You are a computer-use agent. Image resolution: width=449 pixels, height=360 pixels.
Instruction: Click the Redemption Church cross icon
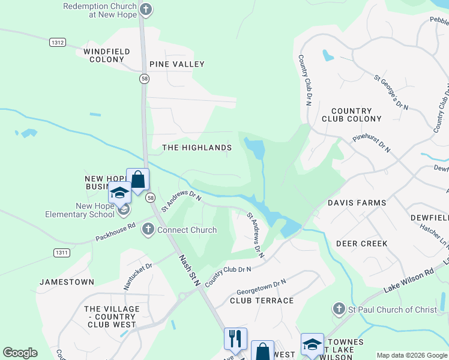click(x=146, y=10)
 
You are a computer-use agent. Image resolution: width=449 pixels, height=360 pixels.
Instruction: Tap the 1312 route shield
click(x=58, y=41)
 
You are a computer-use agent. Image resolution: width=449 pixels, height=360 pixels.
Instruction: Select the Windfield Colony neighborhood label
click(x=107, y=56)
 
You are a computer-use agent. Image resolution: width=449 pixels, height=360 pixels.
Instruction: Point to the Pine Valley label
click(x=177, y=64)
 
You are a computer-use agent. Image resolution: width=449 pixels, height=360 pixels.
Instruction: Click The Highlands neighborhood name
click(x=197, y=148)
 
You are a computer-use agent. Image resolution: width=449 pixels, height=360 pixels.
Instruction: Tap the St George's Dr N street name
click(x=391, y=92)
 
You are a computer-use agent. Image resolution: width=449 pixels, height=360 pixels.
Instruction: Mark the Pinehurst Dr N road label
click(x=372, y=145)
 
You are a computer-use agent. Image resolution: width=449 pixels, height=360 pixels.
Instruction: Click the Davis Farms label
click(x=357, y=203)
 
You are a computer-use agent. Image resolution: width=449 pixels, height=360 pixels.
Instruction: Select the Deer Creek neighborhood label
click(x=361, y=244)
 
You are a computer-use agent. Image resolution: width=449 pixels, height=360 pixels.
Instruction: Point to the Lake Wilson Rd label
click(x=408, y=281)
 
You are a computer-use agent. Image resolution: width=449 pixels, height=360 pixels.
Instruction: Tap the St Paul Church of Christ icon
click(x=339, y=310)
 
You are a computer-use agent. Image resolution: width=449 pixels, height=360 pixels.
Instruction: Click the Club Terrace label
click(x=262, y=301)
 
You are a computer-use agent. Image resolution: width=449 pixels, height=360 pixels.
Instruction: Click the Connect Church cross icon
click(x=148, y=229)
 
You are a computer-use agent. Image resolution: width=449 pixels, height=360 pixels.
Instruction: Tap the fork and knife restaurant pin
click(x=235, y=338)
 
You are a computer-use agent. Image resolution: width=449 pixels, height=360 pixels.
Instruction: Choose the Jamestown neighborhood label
click(x=67, y=281)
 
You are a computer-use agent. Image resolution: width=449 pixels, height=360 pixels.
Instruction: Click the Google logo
click(x=20, y=352)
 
